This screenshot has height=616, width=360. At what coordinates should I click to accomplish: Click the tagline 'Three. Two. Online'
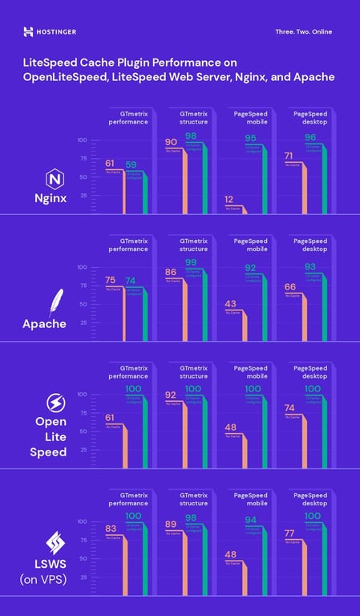click(x=303, y=32)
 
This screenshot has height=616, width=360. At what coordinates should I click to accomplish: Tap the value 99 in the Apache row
click(x=191, y=263)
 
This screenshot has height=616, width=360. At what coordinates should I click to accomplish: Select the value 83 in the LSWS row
click(x=112, y=529)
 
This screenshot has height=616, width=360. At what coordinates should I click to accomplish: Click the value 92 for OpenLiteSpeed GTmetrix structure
click(x=171, y=395)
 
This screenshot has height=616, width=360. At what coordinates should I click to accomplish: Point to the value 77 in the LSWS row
click(x=290, y=533)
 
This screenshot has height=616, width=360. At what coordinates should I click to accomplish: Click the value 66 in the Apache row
click(x=290, y=286)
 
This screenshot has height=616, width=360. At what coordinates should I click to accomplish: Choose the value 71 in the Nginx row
click(x=290, y=156)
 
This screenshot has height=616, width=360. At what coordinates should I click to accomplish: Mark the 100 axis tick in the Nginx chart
click(x=82, y=140)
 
